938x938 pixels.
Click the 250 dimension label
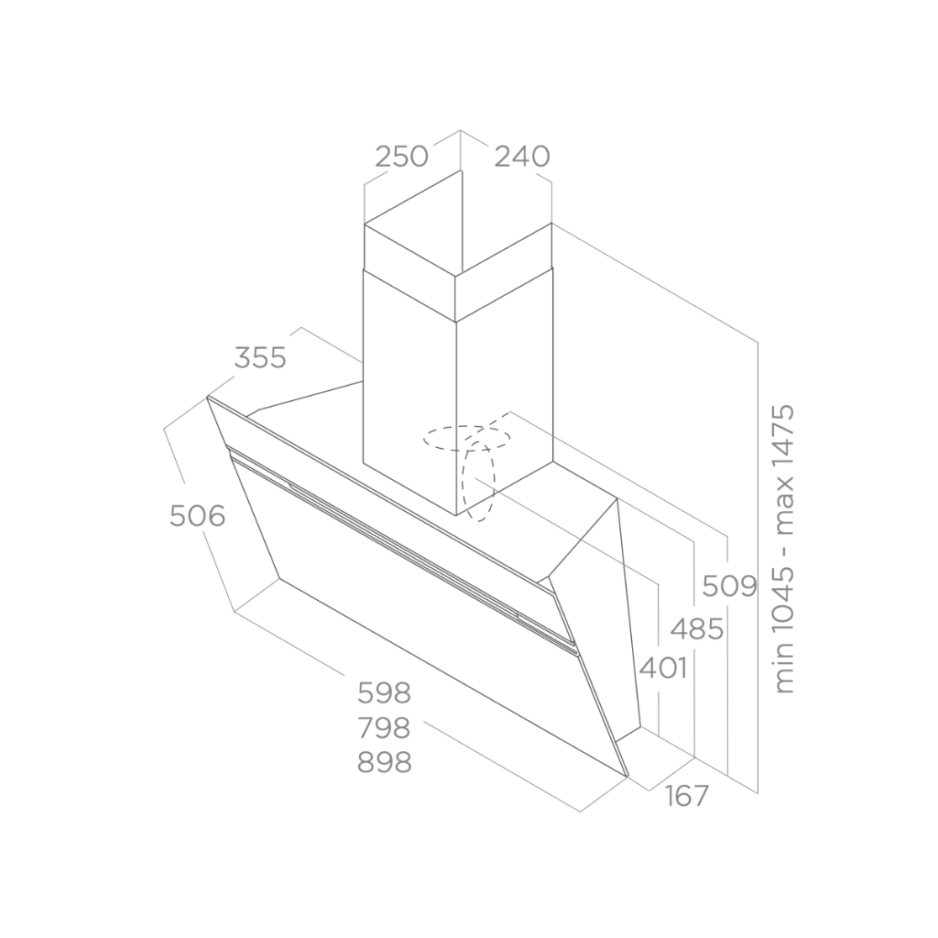[401, 157]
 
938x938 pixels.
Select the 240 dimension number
[522, 157]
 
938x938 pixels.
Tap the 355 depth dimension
[260, 358]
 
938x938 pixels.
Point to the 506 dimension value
[198, 516]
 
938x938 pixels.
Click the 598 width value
[384, 693]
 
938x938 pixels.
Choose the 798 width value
[384, 727]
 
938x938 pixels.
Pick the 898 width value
[384, 762]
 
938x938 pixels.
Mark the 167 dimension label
[686, 796]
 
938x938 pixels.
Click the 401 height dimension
[663, 668]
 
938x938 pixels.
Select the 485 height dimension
[697, 629]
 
